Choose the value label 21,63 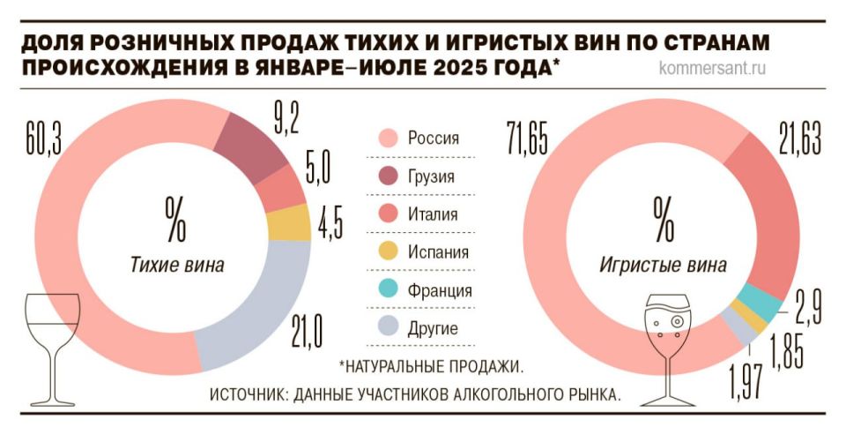click(x=799, y=139)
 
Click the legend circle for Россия click(x=385, y=138)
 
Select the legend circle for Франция click(x=385, y=290)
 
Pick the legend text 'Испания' click(x=438, y=252)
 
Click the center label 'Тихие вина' click(x=177, y=265)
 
